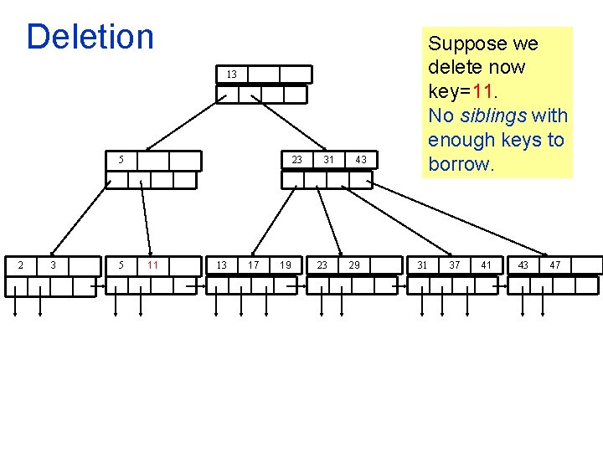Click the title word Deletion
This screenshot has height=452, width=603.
point(90,37)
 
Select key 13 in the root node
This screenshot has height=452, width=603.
point(231,74)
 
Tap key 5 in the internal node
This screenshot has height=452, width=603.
point(121,159)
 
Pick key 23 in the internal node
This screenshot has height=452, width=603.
point(296,159)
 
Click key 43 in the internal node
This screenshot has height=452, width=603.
point(360,159)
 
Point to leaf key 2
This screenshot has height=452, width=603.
point(21,265)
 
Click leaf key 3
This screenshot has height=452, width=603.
point(54,265)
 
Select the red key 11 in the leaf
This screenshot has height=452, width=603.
point(152,265)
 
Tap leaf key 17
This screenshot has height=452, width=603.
point(252,265)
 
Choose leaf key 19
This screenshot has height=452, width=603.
point(286,265)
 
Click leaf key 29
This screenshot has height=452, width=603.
point(354,265)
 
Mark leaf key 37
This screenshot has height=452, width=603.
point(455,265)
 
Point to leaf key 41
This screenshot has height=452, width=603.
point(487,265)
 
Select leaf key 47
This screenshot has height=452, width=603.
point(555,265)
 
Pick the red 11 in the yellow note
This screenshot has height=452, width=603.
point(485,91)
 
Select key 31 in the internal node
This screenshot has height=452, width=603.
point(329,159)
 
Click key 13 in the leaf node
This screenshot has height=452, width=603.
point(221,265)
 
